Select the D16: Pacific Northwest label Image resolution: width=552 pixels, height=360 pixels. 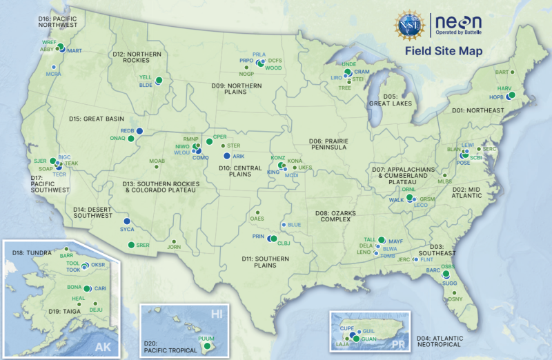click(x=58, y=21)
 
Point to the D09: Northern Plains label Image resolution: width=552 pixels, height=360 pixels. click(x=237, y=90)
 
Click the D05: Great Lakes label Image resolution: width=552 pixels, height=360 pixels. click(x=391, y=100)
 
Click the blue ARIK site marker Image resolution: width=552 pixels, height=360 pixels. click(x=226, y=157)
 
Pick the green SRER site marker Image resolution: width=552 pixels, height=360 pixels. click(x=130, y=246)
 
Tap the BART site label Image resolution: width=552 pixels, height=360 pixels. click(x=502, y=72)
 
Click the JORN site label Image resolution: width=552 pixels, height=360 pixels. click(x=174, y=247)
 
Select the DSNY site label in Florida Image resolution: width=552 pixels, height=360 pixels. click(x=455, y=298)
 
